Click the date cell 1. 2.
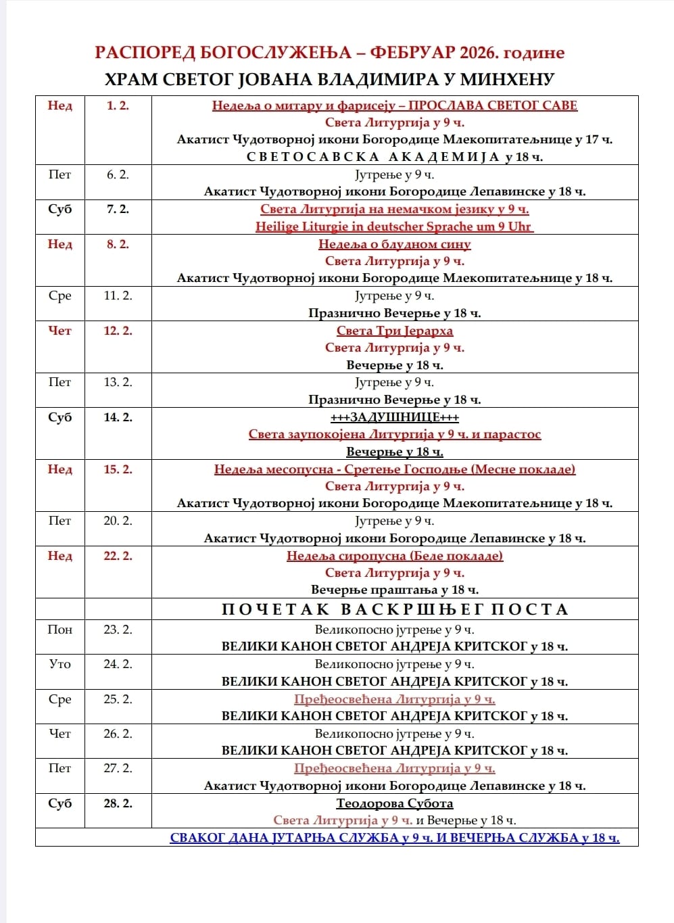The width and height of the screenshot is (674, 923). pos(118,105)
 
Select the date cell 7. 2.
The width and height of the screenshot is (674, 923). pos(118,209)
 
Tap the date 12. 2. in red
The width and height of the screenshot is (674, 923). pos(118,331)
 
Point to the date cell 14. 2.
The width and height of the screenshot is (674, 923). pos(118,417)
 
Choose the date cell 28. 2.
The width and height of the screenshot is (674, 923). pos(118,803)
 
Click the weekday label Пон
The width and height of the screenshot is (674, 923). pos(59,630)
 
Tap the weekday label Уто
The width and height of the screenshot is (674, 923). pos(59,664)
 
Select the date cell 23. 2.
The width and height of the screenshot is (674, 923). pos(118,630)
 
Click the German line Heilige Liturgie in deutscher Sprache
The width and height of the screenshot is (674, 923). pos(394,227)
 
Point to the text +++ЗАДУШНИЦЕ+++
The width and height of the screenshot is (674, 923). pos(394,417)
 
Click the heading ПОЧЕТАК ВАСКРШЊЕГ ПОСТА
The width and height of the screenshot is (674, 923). pos(395,609)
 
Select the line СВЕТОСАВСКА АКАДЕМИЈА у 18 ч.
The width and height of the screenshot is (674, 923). pos(394,157)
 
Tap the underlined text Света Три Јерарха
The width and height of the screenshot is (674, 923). pos(395,331)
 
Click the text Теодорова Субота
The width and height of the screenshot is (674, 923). pos(395,803)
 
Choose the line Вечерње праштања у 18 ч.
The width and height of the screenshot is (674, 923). pos(394,590)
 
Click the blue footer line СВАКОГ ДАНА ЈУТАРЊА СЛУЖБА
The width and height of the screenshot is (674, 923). pos(394,838)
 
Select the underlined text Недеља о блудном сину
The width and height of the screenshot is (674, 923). pos(395,244)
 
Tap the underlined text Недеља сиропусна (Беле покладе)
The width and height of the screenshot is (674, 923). pos(395,556)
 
